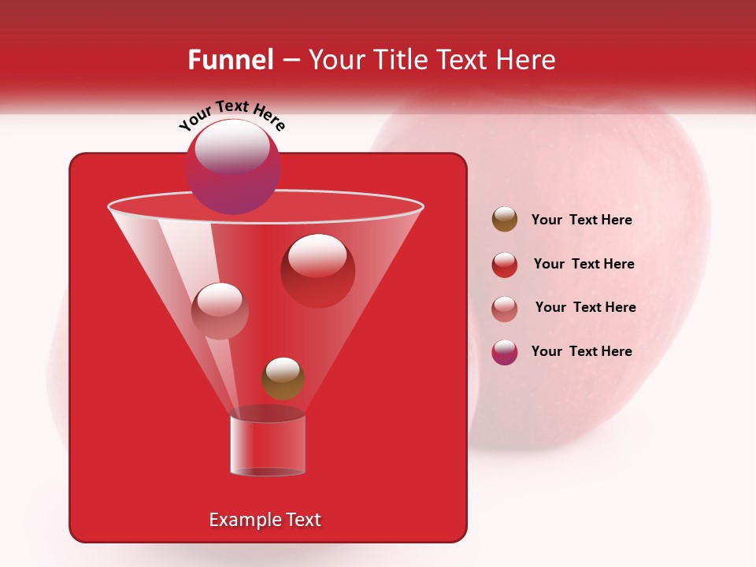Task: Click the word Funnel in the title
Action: point(230,60)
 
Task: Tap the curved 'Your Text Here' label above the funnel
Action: point(232,115)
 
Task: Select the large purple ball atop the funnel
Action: point(233,167)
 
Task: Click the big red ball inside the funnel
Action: point(318,272)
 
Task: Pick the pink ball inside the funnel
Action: point(220,311)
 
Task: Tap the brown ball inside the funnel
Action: point(283,379)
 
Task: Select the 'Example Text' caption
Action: point(265,520)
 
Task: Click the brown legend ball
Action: point(505,220)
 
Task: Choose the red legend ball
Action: point(505,265)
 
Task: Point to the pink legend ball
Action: point(505,308)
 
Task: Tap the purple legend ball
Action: point(505,352)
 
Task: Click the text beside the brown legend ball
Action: point(581,220)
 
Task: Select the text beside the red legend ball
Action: point(584,265)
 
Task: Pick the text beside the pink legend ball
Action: point(585,308)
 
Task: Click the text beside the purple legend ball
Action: point(581,352)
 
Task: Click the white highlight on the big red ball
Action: point(317,255)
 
